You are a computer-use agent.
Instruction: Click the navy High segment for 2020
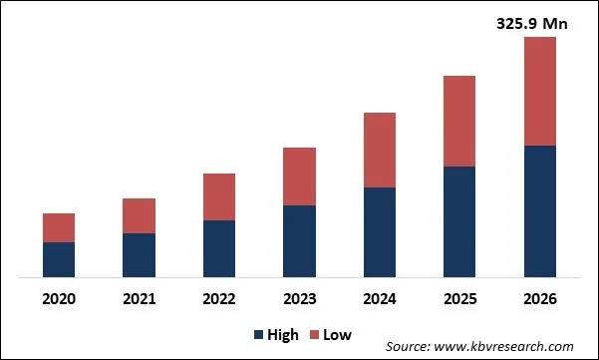tap(59, 259)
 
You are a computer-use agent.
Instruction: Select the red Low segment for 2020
tap(59, 227)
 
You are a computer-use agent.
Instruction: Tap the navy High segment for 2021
tap(139, 254)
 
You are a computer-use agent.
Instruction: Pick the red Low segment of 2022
tap(219, 196)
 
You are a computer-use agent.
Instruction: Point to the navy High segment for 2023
tap(299, 240)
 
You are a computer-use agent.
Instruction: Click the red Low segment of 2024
tap(379, 150)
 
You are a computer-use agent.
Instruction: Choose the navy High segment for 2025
tap(458, 221)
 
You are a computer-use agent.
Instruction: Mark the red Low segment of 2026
tap(539, 92)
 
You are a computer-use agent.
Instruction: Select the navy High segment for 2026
tap(539, 210)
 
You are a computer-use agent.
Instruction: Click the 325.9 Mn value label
tap(532, 23)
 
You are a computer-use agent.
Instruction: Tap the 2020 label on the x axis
tap(59, 298)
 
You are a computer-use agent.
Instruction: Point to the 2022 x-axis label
tap(219, 298)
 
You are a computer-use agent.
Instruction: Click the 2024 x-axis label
tap(379, 298)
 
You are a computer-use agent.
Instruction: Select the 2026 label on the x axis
tap(539, 298)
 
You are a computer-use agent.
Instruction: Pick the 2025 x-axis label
tap(458, 298)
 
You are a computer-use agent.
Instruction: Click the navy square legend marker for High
tap(261, 334)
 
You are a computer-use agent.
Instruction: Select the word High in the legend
tap(284, 334)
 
